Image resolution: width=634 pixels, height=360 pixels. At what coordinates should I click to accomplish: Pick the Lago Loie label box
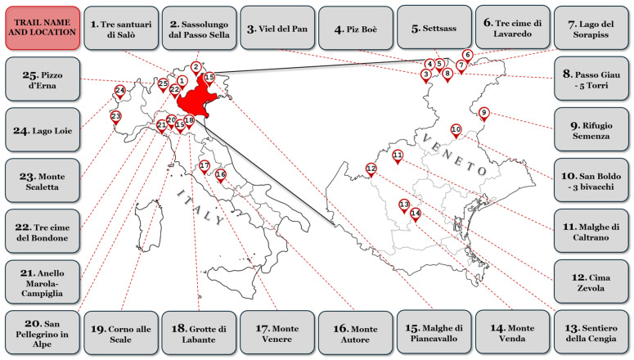tap(42, 129)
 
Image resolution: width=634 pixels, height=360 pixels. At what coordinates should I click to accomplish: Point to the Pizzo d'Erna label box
tap(42, 79)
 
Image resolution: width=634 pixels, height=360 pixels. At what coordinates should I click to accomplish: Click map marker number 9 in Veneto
tap(483, 113)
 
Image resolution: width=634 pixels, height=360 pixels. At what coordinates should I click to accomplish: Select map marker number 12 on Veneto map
tap(371, 169)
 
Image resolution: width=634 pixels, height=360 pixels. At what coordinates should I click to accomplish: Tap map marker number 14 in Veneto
tap(416, 214)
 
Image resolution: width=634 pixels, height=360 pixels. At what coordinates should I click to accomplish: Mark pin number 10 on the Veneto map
tap(456, 129)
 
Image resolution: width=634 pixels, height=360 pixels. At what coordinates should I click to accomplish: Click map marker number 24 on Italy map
tap(120, 90)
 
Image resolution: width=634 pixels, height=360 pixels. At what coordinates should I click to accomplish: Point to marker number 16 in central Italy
tap(220, 174)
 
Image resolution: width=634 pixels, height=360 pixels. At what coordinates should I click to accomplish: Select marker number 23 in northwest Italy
tap(115, 116)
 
